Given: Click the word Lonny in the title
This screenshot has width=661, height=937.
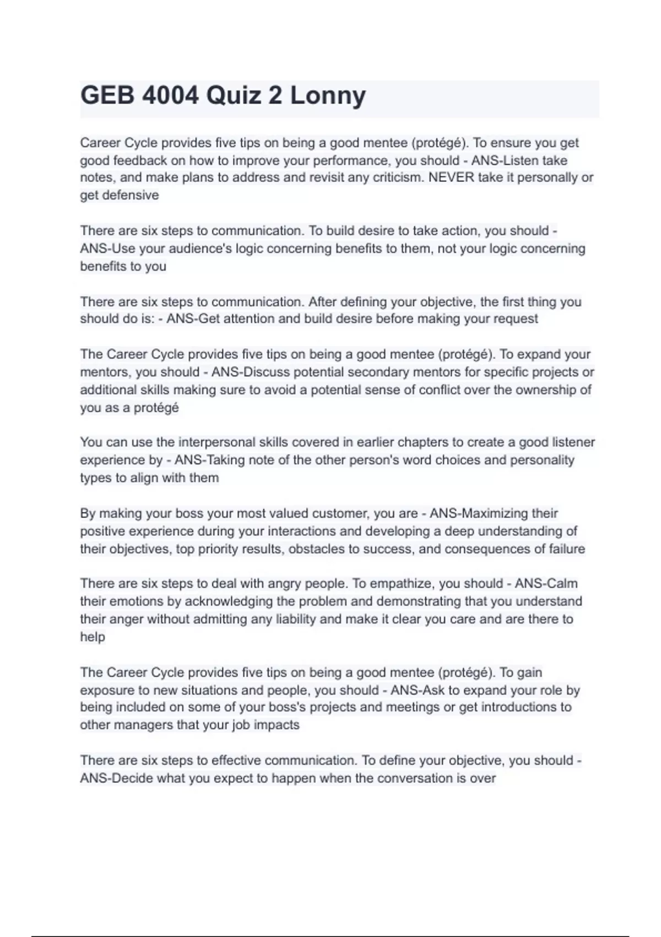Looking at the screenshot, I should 328,96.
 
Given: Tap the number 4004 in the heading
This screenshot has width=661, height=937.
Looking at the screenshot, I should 170,96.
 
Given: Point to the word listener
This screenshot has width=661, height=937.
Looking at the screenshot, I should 573,442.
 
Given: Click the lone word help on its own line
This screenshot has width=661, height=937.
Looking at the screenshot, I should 93,637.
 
